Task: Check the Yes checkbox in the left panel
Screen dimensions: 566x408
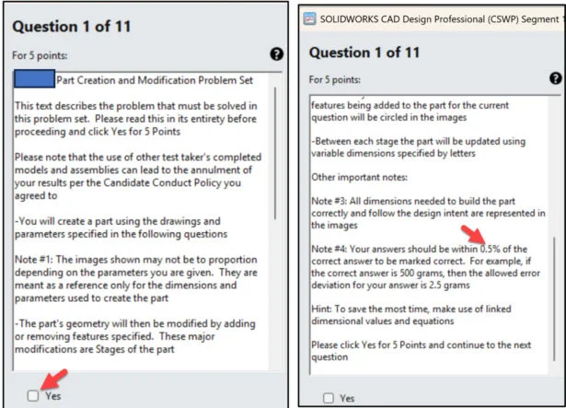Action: point(33,396)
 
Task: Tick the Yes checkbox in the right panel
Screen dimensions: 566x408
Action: point(329,398)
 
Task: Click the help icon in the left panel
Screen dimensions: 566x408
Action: point(276,54)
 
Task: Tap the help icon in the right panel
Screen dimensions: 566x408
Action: point(556,78)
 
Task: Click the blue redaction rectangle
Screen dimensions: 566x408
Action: point(35,79)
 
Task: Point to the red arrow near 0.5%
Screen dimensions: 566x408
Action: point(473,234)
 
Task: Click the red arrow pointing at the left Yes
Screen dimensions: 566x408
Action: point(54,379)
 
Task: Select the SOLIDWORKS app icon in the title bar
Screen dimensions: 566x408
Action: point(309,18)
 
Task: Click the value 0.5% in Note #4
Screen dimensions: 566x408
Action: point(490,249)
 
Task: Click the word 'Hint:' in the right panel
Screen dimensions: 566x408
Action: point(321,309)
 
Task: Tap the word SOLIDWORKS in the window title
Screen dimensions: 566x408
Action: point(349,19)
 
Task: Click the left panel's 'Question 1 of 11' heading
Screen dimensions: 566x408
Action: point(72,27)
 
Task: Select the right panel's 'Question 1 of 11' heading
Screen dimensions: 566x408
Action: point(364,52)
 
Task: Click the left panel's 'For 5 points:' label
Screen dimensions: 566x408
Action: point(40,55)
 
